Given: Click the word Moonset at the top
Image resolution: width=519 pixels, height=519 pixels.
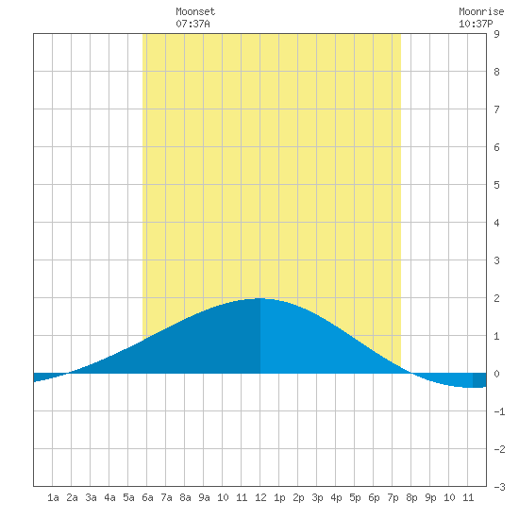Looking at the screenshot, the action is click(x=195, y=11).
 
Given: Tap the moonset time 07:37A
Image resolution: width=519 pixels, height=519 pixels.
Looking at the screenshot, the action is click(x=193, y=24).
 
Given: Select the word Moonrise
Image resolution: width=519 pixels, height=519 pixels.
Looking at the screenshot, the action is click(x=481, y=11).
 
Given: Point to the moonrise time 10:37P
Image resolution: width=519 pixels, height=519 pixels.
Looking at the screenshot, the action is click(x=476, y=24).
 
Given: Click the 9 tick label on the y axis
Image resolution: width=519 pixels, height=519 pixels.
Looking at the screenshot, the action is click(x=496, y=34).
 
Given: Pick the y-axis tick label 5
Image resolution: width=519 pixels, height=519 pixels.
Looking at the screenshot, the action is click(x=496, y=185).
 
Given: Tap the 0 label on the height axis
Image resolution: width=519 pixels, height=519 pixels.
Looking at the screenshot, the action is click(x=496, y=374).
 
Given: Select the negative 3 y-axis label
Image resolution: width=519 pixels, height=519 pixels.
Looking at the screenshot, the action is click(x=499, y=487).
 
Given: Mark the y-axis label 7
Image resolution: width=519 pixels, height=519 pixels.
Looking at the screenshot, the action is click(x=496, y=109).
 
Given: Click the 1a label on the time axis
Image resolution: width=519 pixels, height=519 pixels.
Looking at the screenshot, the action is click(x=53, y=497).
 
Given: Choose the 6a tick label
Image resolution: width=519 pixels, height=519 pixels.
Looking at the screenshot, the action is click(x=147, y=497).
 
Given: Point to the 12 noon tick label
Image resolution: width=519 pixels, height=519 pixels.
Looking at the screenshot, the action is click(x=260, y=497).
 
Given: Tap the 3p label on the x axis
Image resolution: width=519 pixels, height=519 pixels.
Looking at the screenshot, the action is click(x=317, y=497).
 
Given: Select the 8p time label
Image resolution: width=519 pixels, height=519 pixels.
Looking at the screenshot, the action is click(x=411, y=497).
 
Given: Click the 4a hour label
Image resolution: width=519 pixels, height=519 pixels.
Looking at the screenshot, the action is click(x=109, y=497).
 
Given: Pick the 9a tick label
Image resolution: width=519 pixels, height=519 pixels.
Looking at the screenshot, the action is click(x=204, y=497).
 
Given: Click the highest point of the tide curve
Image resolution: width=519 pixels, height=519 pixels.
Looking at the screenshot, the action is click(x=260, y=298).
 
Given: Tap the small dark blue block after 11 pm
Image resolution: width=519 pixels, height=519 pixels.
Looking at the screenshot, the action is click(x=479, y=380).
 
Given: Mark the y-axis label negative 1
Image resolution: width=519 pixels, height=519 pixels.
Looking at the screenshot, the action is click(x=499, y=411).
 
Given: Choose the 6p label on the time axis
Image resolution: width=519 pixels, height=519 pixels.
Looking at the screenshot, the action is click(x=374, y=497).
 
